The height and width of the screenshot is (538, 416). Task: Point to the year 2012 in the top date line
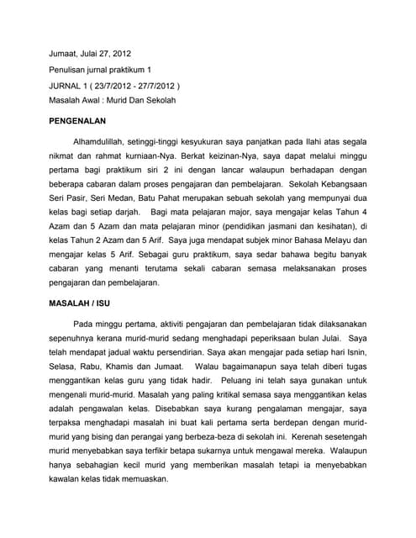pyautogui.click(x=121, y=52)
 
